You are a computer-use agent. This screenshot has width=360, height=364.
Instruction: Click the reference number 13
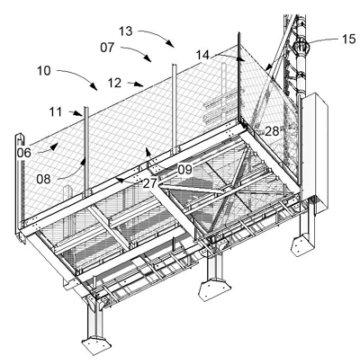(126, 31)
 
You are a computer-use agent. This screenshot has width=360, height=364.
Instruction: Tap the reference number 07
(107, 48)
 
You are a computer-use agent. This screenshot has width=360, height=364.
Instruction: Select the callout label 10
(44, 71)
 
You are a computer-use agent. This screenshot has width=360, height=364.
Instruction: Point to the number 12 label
(114, 83)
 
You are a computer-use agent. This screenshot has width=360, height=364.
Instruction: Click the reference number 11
(56, 112)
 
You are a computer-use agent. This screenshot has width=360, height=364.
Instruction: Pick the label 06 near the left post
(23, 153)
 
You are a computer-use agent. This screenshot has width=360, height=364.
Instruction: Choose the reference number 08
(43, 179)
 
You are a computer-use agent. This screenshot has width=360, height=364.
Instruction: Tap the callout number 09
(184, 170)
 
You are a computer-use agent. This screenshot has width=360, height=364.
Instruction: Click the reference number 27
(149, 183)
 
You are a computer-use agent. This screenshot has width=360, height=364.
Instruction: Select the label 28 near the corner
(272, 131)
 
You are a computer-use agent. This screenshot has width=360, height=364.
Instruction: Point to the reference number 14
(202, 55)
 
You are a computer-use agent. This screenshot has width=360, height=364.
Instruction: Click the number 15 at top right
(349, 40)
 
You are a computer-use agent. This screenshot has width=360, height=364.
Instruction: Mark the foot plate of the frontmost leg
(96, 347)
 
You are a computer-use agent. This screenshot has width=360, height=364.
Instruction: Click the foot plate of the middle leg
(214, 289)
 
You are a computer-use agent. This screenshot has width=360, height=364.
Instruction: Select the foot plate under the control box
(303, 245)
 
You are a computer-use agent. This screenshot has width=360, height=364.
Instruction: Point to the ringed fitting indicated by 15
(301, 47)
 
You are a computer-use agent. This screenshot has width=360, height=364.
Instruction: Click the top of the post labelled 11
(85, 108)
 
